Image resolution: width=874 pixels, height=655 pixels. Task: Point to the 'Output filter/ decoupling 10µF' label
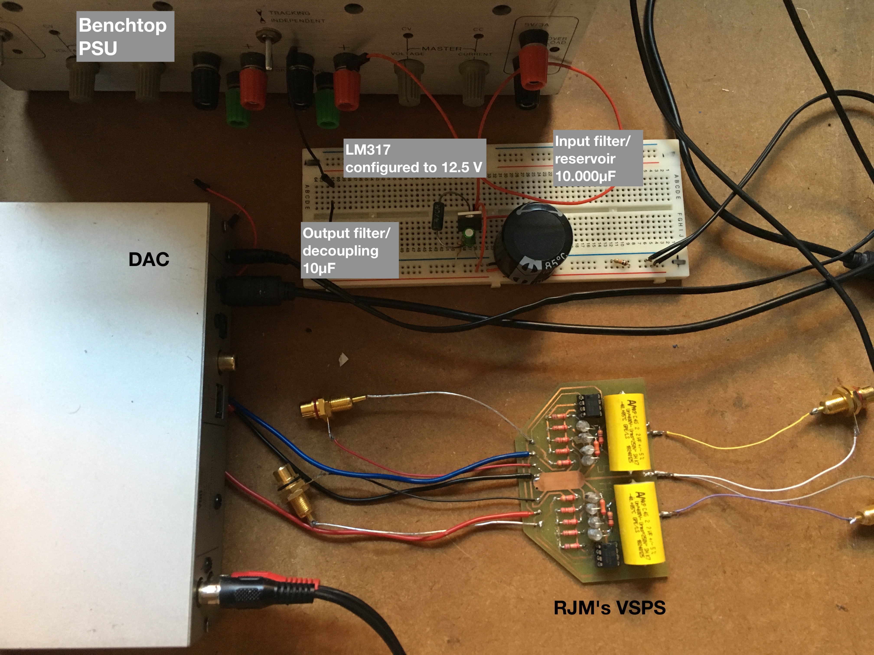[x=349, y=250]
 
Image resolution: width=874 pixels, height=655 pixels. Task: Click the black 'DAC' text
[x=149, y=259]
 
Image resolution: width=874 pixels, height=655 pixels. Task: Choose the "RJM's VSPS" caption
[x=609, y=608]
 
